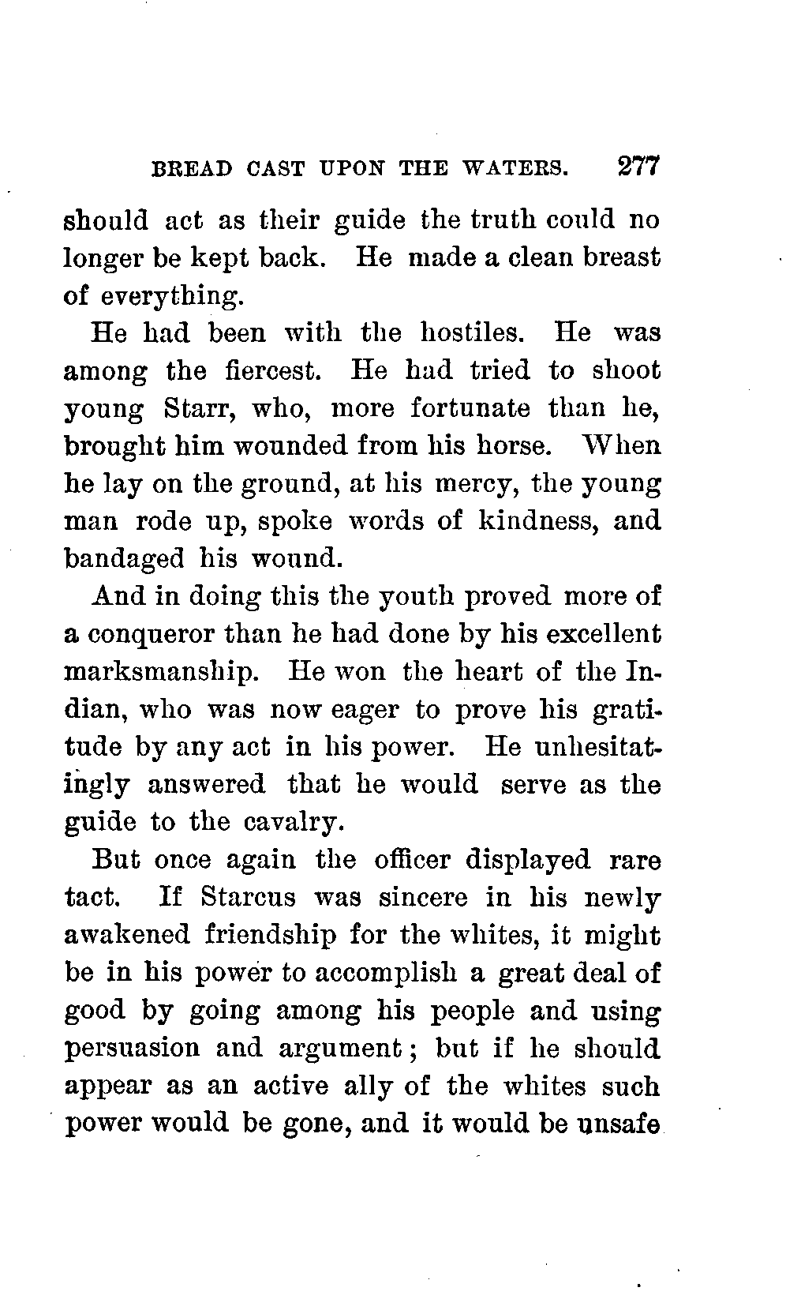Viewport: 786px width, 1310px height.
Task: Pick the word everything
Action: coord(169,295)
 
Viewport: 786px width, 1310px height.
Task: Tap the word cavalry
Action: coord(294,822)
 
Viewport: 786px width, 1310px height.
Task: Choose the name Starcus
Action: coord(248,898)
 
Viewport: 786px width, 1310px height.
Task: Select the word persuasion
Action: coord(131,1049)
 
